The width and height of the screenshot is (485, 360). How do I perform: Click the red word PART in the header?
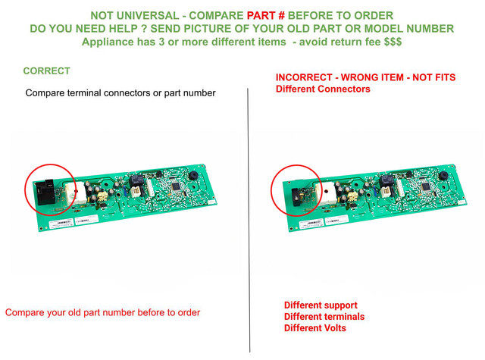[x=261, y=15]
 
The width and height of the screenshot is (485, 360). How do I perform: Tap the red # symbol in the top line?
[x=281, y=15]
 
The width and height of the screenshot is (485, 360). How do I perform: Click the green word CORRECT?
[x=47, y=70]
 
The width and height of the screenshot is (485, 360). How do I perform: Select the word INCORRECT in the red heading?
[x=304, y=77]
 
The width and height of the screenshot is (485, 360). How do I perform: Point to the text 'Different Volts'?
[x=315, y=328]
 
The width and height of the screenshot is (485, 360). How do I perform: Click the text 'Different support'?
[x=321, y=305]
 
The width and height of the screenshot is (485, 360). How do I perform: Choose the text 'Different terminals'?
[x=324, y=317]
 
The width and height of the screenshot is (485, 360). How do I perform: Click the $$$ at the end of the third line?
[x=393, y=42]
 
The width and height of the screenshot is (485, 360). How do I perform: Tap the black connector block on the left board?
[x=45, y=192]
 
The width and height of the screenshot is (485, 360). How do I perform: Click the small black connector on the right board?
[x=298, y=197]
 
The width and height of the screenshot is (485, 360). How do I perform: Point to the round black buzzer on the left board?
[x=194, y=176]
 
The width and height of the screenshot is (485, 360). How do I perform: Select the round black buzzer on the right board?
[x=443, y=176]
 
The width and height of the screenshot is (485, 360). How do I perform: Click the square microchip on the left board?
[x=176, y=186]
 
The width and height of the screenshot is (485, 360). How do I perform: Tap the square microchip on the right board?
[x=426, y=186]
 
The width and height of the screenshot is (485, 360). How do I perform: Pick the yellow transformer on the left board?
[x=102, y=196]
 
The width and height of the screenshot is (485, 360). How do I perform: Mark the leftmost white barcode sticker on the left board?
[x=61, y=223]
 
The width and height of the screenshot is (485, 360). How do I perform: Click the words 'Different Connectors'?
[x=323, y=89]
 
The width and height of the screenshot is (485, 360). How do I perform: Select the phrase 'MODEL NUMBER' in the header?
[x=409, y=29]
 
